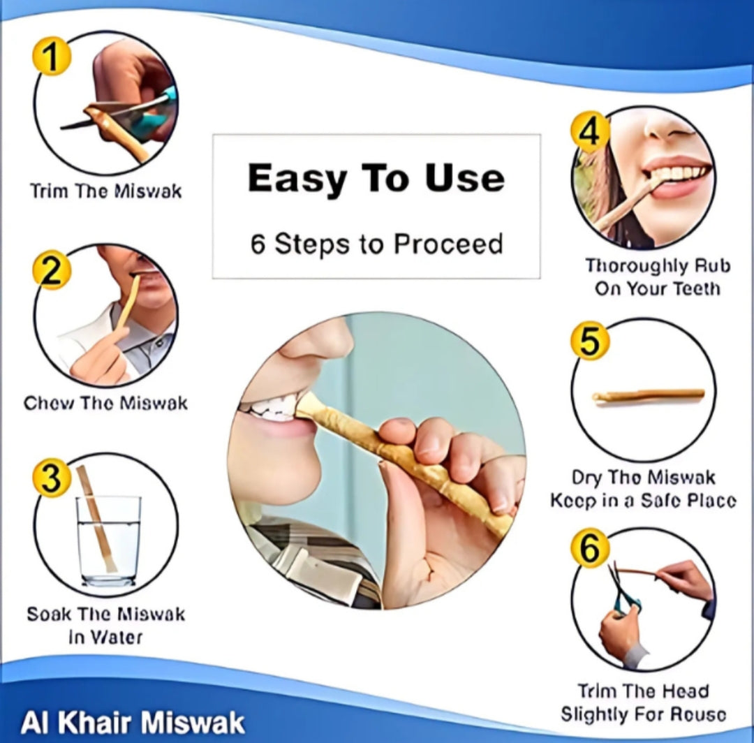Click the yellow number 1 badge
click(x=52, y=57)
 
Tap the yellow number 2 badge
click(x=52, y=272)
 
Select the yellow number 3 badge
click(x=52, y=480)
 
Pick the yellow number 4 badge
click(x=590, y=132)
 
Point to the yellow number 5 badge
click(x=590, y=342)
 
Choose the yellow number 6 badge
click(x=590, y=549)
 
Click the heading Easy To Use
click(x=376, y=178)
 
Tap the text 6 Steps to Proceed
click(x=376, y=244)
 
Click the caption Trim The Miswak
click(x=105, y=191)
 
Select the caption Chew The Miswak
click(x=105, y=403)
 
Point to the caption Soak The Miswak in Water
click(x=105, y=625)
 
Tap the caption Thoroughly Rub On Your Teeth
click(x=657, y=277)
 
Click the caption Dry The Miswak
click(x=643, y=478)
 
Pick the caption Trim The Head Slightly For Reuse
click(x=643, y=702)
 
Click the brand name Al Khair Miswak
click(x=133, y=722)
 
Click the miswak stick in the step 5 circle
click(x=648, y=396)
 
